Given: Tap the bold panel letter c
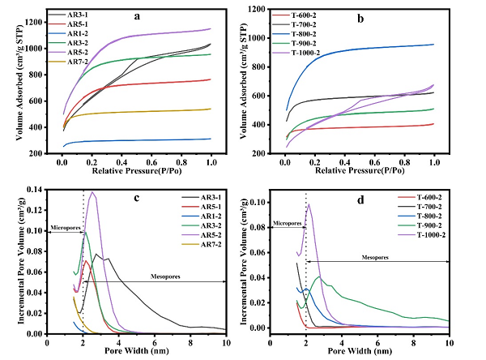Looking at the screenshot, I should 139,199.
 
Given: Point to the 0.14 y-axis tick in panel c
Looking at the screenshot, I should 34,189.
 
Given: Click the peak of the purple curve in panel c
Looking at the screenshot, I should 93,193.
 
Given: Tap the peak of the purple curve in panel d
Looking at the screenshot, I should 309,204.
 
